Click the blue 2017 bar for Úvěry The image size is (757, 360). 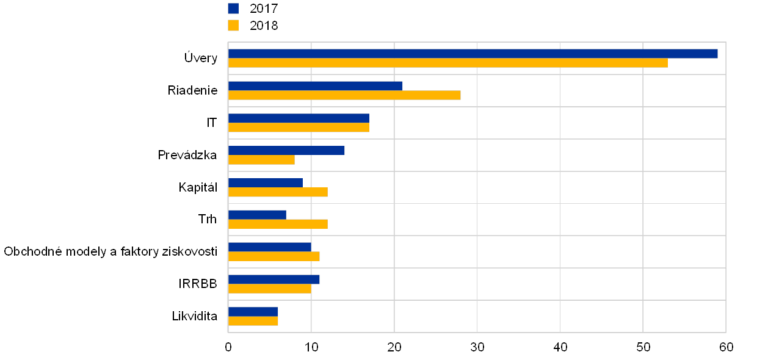473,54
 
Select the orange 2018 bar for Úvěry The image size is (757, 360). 447,63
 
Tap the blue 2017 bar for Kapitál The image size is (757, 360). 265,182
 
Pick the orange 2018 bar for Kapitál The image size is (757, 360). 278,192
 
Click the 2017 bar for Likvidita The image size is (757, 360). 253,312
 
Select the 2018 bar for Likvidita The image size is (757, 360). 253,321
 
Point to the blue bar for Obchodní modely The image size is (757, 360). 269,247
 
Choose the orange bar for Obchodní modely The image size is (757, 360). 273,256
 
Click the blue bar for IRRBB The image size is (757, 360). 273,279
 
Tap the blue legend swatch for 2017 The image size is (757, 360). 233,9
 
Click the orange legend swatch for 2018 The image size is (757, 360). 233,25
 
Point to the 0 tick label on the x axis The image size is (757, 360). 228,347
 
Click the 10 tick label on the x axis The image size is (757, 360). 311,347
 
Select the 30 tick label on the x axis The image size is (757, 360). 477,347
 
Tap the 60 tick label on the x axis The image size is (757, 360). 726,347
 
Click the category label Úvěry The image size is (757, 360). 201,59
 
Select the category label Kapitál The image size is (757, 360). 198,187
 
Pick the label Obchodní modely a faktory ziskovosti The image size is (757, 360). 110,252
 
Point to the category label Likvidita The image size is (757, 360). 200,317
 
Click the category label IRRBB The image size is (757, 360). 201,284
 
